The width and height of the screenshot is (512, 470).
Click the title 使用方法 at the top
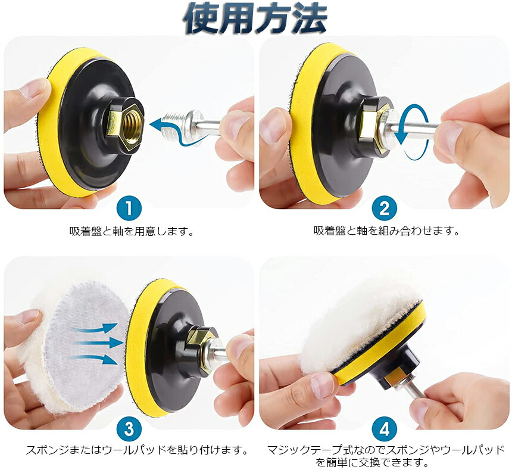coord(255,18)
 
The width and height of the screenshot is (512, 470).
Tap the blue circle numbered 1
coord(129,208)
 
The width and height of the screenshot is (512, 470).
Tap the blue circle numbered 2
coord(385,208)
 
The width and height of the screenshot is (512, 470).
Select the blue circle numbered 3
coord(129,428)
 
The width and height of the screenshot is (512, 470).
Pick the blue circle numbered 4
coord(385,428)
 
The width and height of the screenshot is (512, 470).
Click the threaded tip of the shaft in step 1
coord(173,123)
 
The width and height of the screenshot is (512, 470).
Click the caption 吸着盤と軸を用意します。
coord(132,231)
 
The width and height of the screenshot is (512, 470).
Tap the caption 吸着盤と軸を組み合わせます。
coord(386,231)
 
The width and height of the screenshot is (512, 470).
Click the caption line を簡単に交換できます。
coord(372,462)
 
